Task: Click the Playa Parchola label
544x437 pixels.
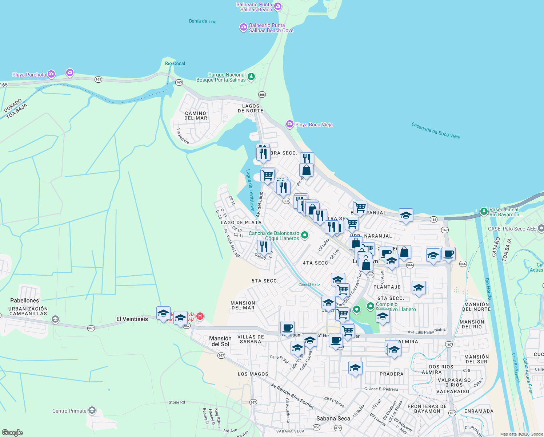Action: (x=29, y=75)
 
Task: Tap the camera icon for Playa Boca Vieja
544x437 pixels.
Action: (x=289, y=124)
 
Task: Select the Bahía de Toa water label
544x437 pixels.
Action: (x=203, y=21)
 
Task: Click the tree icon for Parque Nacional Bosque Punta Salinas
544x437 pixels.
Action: (x=251, y=76)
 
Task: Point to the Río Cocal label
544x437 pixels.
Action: (x=175, y=63)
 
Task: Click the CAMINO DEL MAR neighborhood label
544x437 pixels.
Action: (x=196, y=116)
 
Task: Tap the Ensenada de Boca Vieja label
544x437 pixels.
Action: (x=436, y=130)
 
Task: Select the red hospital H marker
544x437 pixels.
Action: (x=200, y=316)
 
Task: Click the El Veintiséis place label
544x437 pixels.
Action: (x=132, y=319)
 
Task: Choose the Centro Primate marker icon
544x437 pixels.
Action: (x=92, y=411)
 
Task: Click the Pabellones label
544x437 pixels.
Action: (x=24, y=300)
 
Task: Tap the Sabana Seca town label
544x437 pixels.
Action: (x=333, y=418)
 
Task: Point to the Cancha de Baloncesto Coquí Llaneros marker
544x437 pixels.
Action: (x=305, y=236)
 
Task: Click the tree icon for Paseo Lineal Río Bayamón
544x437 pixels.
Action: (x=484, y=211)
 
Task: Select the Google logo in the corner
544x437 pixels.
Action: (x=12, y=432)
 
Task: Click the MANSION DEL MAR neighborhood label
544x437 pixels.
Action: (x=243, y=305)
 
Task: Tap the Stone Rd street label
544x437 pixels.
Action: (x=177, y=402)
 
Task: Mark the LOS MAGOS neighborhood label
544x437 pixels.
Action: (x=253, y=374)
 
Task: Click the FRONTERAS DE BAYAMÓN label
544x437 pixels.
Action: (x=427, y=409)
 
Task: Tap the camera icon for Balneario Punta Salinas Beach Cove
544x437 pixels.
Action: (x=243, y=27)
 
